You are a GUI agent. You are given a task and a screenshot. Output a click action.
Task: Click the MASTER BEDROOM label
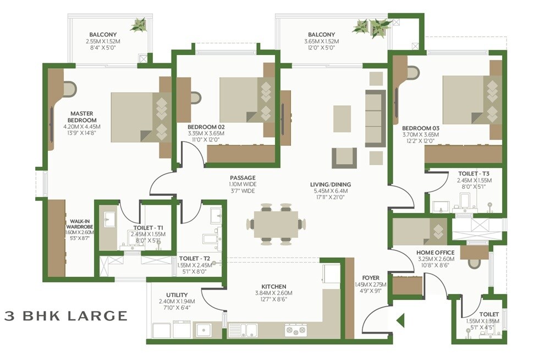[x=82, y=117]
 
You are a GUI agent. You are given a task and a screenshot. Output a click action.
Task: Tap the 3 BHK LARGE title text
[x=65, y=316]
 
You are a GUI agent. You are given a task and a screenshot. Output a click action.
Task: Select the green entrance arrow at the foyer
[x=401, y=320]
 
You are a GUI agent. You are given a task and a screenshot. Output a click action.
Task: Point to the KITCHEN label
[x=273, y=287]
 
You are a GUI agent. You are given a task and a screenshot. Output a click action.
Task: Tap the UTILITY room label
[x=177, y=295]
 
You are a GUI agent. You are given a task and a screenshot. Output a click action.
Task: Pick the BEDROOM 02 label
[x=206, y=126]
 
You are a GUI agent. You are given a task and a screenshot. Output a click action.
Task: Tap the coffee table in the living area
[x=342, y=118]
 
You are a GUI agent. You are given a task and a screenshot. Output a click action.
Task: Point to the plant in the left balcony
[x=139, y=25]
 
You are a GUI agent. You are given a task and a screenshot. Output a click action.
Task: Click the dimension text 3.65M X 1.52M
[x=321, y=41]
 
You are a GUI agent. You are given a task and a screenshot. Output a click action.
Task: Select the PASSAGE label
[x=243, y=178]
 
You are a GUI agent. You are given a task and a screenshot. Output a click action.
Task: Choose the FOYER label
[x=371, y=277]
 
